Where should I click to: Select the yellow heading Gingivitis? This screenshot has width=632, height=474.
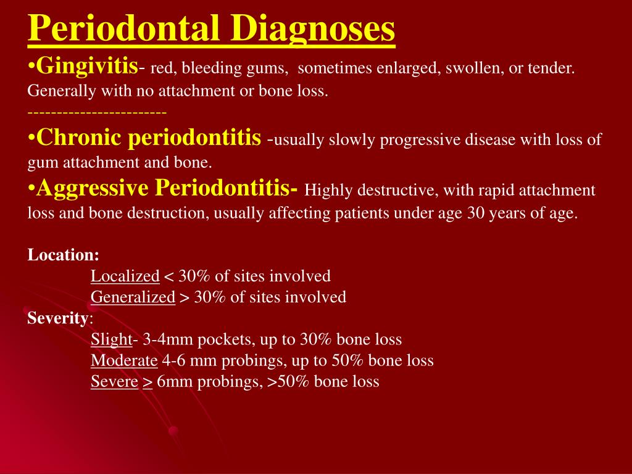point(86,64)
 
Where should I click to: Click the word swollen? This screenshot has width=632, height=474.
point(472,68)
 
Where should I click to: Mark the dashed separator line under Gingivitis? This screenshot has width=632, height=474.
point(97,112)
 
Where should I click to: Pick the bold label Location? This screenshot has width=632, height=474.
point(64,255)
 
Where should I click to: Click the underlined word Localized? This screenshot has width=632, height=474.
point(125,276)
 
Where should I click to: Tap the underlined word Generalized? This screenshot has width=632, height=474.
point(133,297)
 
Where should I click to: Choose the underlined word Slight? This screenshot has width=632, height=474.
point(111,339)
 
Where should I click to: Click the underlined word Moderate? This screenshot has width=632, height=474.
point(124,360)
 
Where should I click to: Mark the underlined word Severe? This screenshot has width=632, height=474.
point(114,382)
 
